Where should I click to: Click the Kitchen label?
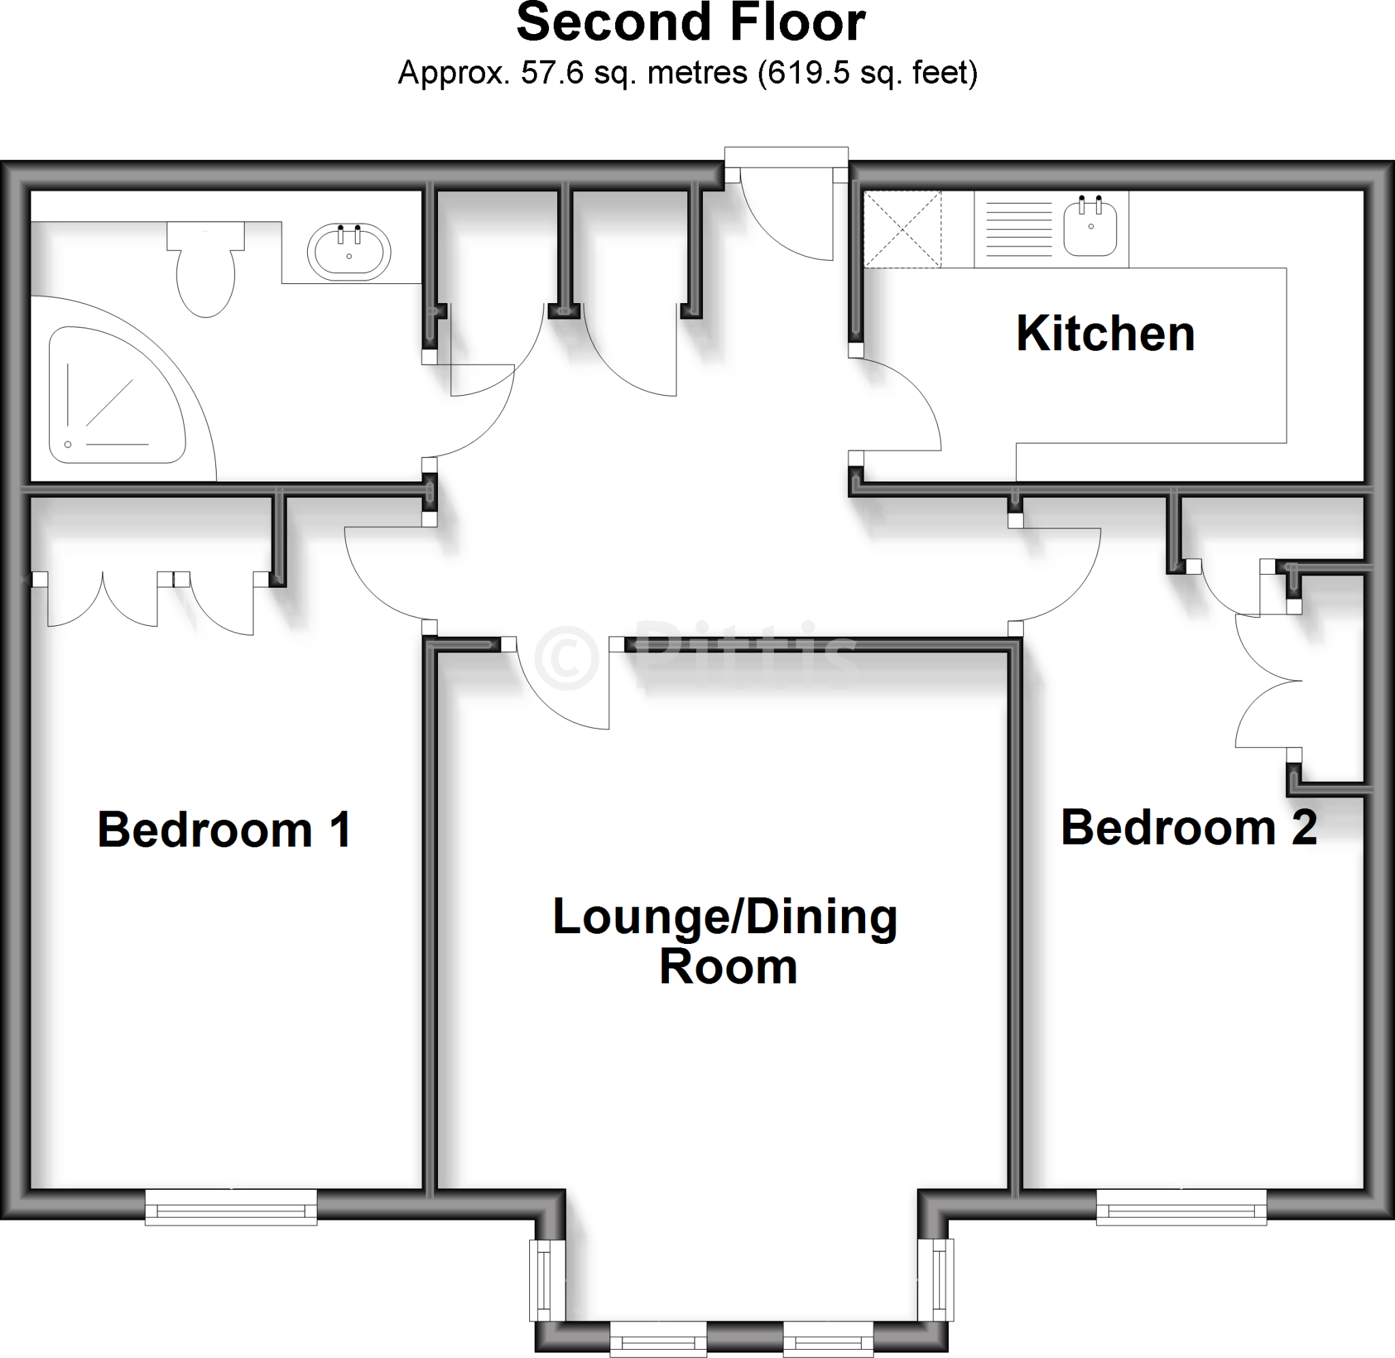click(1105, 334)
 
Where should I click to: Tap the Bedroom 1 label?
click(224, 830)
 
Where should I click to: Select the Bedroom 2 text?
click(1189, 827)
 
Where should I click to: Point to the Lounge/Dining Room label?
click(725, 941)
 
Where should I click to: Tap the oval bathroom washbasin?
click(349, 252)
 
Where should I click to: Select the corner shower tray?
click(114, 396)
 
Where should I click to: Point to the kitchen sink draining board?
click(1018, 229)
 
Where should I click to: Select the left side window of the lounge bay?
click(547, 1280)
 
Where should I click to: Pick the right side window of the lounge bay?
click(936, 1280)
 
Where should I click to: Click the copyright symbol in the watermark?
click(567, 658)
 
